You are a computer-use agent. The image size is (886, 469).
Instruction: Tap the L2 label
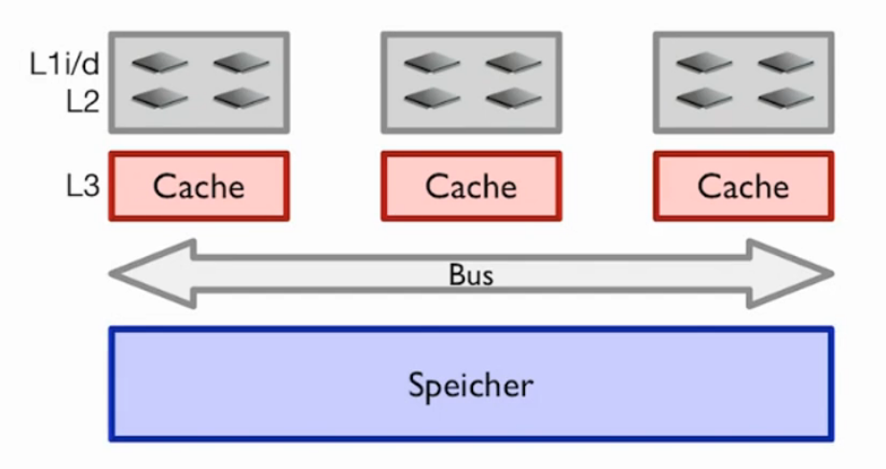pyautogui.click(x=82, y=101)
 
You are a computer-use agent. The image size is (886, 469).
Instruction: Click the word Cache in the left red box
pyautogui.click(x=199, y=186)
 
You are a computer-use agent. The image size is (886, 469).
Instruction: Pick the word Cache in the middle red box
pyautogui.click(x=471, y=186)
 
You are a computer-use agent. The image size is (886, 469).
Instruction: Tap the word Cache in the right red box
pyautogui.click(x=743, y=186)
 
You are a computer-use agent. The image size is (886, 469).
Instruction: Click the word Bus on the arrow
pyautogui.click(x=471, y=275)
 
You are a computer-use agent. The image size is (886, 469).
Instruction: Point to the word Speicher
pyautogui.click(x=471, y=386)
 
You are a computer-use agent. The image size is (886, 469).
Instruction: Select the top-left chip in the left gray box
pyautogui.click(x=159, y=64)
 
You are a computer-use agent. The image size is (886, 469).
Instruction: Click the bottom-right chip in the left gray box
pyautogui.click(x=241, y=98)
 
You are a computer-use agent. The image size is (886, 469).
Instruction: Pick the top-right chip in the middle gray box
pyautogui.click(x=513, y=64)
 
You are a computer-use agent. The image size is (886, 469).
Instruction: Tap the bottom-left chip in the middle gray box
pyautogui.click(x=431, y=98)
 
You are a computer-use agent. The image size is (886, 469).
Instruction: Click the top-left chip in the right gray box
pyautogui.click(x=703, y=64)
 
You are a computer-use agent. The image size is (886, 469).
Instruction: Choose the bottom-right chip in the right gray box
pyautogui.click(x=785, y=98)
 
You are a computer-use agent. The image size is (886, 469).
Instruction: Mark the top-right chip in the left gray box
pyautogui.click(x=241, y=64)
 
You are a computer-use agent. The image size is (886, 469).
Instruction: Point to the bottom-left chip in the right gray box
pyautogui.click(x=703, y=98)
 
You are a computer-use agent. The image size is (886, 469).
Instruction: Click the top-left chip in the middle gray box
pyautogui.click(x=431, y=64)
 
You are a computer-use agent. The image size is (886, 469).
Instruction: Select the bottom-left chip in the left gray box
pyautogui.click(x=159, y=98)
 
